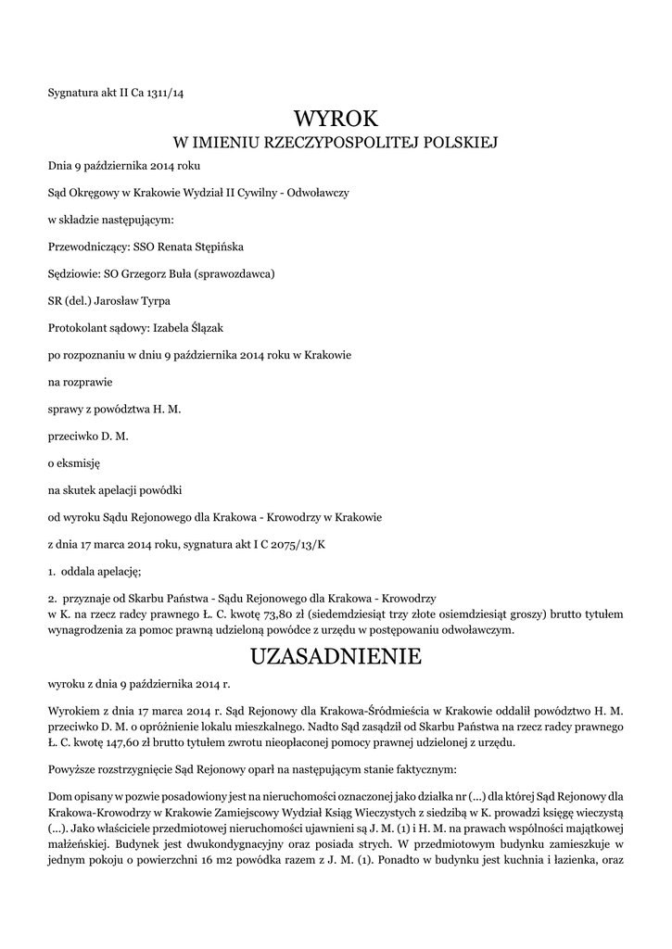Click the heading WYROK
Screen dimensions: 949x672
[336, 119]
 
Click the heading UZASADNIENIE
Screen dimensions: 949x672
[336, 657]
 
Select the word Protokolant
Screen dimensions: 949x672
[79, 328]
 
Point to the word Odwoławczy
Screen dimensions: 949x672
[320, 194]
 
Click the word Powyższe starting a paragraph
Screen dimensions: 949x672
[72, 769]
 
